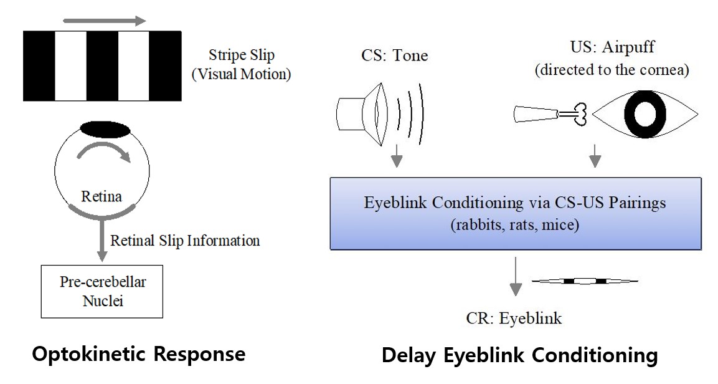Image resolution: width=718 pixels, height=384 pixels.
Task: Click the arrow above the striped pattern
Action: [103, 21]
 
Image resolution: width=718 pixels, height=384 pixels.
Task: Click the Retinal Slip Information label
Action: [185, 240]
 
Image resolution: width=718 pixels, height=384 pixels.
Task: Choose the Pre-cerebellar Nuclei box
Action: [103, 290]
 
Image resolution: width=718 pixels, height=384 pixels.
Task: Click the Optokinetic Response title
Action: [138, 354]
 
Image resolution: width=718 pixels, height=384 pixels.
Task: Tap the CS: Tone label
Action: [395, 55]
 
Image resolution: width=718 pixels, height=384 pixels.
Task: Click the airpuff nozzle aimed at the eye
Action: [538, 114]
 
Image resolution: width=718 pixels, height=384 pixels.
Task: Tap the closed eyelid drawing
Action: [584, 282]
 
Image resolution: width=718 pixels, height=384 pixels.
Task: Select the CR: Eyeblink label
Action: [514, 319]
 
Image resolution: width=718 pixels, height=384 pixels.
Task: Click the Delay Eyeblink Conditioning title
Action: [519, 355]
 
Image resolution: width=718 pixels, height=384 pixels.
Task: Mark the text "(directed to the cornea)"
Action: [612, 70]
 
